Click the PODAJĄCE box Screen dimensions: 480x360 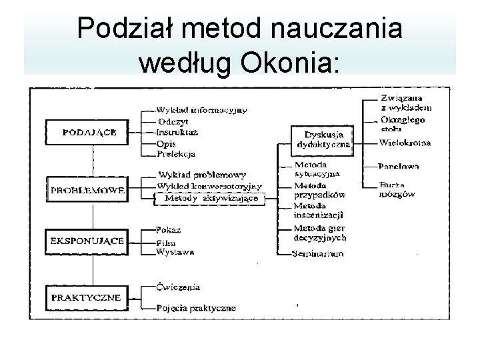pos(89,132)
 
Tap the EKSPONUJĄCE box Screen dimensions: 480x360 pos(87,241)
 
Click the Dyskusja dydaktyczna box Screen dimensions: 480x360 pos(323,139)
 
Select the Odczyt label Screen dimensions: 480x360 pos(173,121)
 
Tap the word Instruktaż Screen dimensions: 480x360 pos(177,132)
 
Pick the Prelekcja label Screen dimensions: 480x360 pos(175,154)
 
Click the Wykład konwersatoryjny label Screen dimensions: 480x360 pos(209,186)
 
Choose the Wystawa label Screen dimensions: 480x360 pos(175,252)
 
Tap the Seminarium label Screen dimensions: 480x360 pos(319,253)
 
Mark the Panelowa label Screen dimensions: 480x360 pos(399,165)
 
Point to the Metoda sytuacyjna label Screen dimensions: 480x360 pos(317,169)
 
